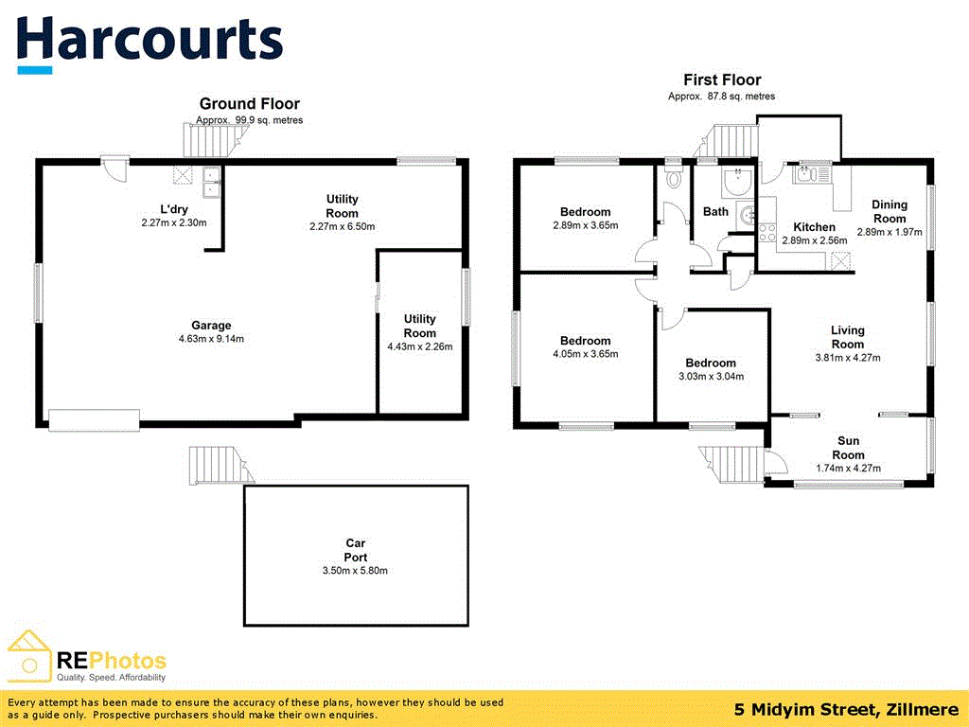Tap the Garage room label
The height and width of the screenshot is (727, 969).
[211, 326]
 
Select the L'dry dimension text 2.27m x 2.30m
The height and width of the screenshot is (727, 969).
[174, 222]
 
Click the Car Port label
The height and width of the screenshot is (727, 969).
[356, 550]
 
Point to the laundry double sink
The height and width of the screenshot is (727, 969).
[212, 183]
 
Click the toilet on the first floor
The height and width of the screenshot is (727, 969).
[674, 177]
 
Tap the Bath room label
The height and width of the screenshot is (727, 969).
[715, 211]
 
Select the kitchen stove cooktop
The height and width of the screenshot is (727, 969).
[766, 233]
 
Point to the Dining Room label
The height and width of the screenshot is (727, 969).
[890, 211]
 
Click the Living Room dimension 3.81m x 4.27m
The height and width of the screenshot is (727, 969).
[848, 358]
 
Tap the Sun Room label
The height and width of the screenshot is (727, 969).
[848, 448]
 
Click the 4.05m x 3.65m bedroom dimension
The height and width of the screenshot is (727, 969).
[585, 354]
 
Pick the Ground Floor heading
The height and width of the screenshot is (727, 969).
[250, 104]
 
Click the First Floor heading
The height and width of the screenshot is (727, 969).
[722, 80]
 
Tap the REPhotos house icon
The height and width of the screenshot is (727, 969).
[28, 657]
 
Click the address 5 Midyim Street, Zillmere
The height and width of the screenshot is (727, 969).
[847, 709]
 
